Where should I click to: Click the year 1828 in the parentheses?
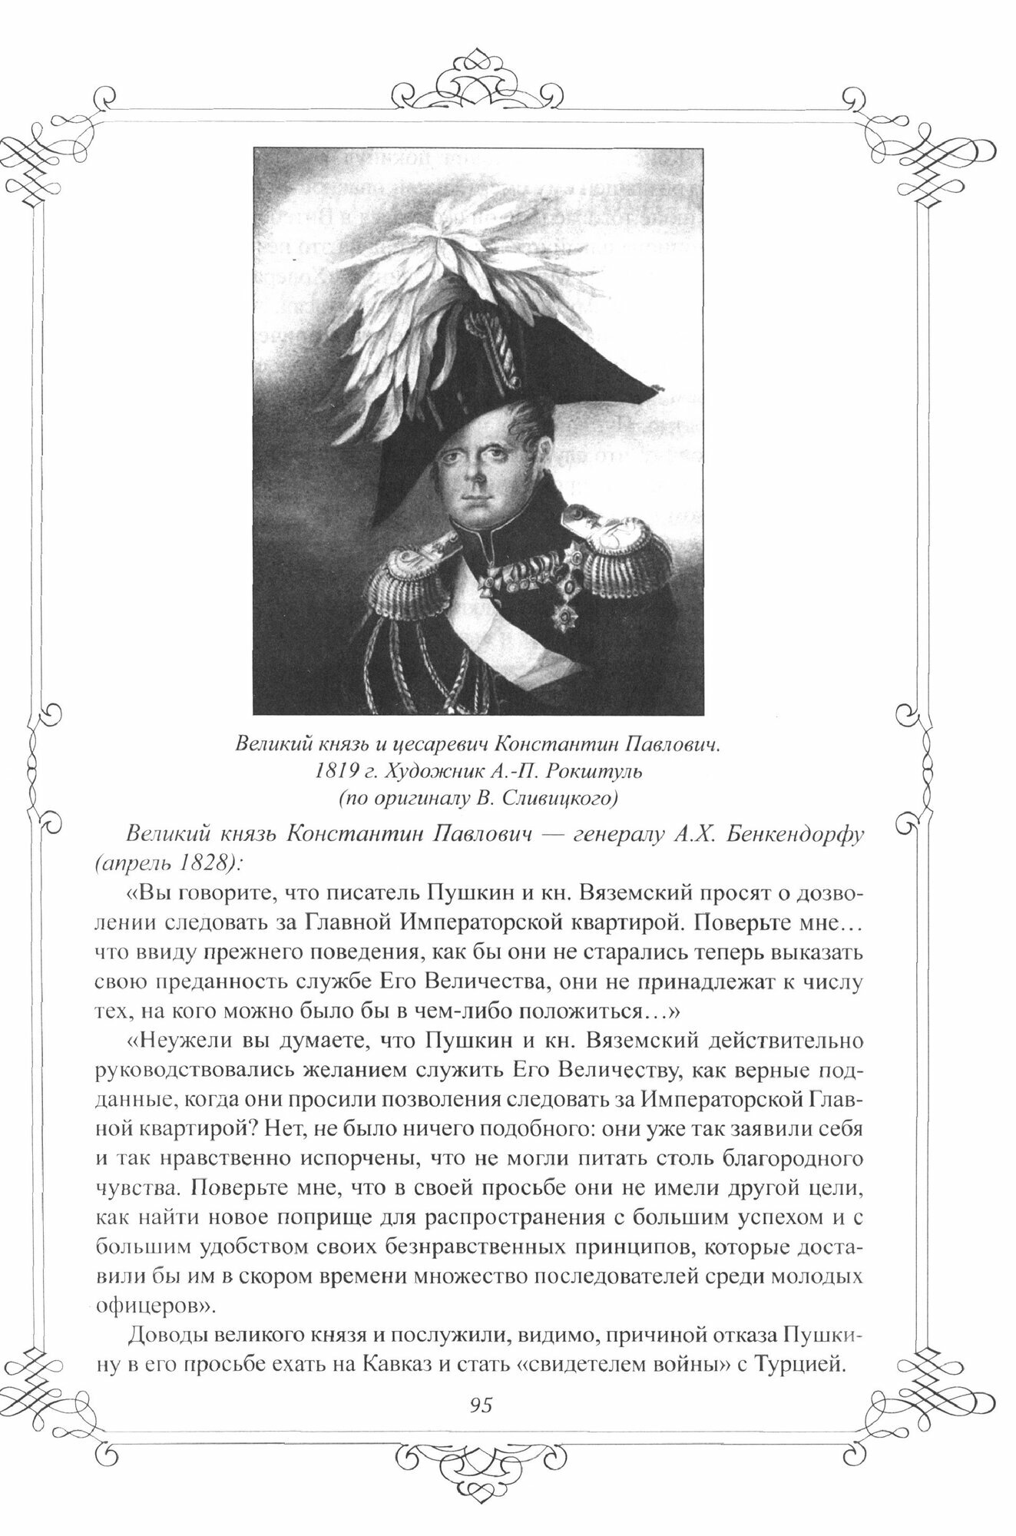click(208, 862)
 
